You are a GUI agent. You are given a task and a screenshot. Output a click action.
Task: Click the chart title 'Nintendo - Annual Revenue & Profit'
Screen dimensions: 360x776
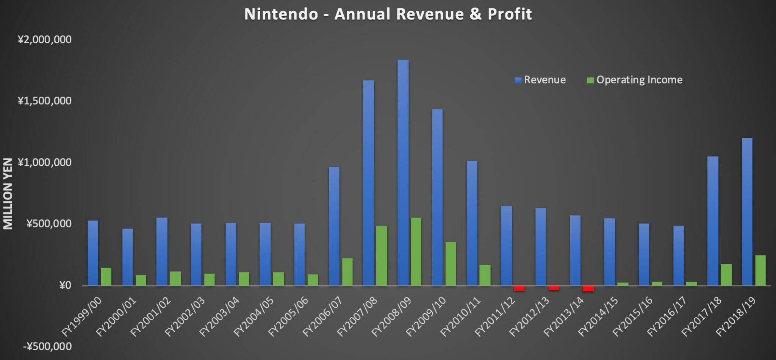pyautogui.click(x=388, y=14)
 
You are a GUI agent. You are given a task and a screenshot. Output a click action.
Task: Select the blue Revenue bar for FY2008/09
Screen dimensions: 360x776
pyautogui.click(x=403, y=172)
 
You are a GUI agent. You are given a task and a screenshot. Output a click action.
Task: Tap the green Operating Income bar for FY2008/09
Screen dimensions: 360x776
pyautogui.click(x=416, y=251)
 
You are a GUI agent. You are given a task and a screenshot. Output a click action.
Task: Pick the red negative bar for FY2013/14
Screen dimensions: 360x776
pyautogui.click(x=588, y=289)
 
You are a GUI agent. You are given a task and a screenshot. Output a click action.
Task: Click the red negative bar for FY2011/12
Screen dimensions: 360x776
pyautogui.click(x=519, y=288)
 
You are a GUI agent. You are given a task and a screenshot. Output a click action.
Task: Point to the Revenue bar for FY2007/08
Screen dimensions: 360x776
pyautogui.click(x=368, y=183)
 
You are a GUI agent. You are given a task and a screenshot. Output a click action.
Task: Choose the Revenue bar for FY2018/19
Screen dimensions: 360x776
pyautogui.click(x=747, y=211)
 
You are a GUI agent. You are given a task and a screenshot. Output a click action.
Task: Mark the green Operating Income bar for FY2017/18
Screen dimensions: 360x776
pyautogui.click(x=726, y=275)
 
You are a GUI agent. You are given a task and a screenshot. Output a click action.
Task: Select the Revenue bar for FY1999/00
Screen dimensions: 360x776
pyautogui.click(x=93, y=253)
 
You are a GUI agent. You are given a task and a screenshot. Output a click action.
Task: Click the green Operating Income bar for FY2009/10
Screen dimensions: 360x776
pyautogui.click(x=451, y=263)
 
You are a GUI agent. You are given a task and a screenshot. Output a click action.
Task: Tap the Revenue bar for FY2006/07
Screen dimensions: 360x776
pyautogui.click(x=334, y=226)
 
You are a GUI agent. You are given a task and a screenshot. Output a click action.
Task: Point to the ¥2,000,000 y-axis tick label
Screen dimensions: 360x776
pyautogui.click(x=44, y=39)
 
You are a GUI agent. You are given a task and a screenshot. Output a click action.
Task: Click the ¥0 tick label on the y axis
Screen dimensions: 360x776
pyautogui.click(x=65, y=285)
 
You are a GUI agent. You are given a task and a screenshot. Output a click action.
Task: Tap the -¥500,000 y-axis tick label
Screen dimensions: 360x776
pyautogui.click(x=47, y=346)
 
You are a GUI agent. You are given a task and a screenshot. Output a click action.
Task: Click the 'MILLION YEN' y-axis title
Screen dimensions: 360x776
pyautogui.click(x=8, y=194)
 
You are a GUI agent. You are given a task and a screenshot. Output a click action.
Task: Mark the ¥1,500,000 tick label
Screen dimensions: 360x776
pyautogui.click(x=44, y=101)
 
